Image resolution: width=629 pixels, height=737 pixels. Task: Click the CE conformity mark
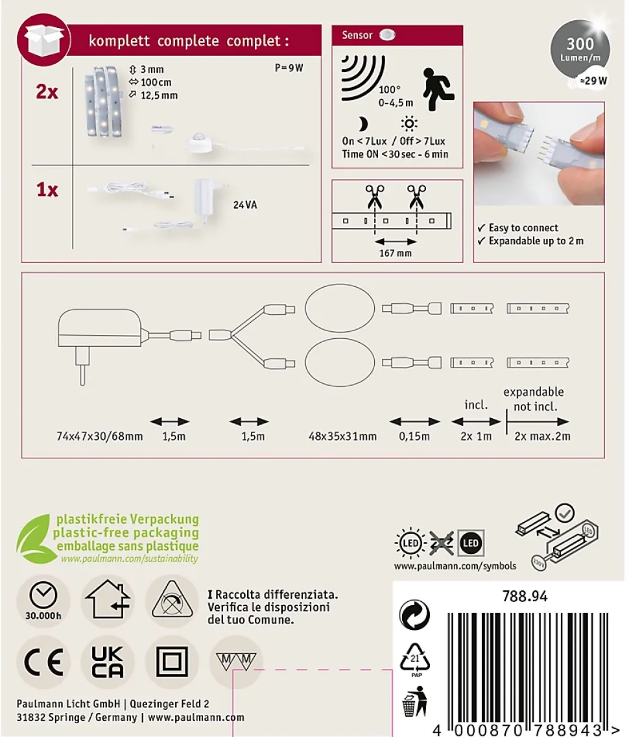tap(43, 662)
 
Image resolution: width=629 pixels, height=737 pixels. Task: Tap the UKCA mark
tap(108, 662)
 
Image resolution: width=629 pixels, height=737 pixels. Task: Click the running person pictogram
tap(438, 90)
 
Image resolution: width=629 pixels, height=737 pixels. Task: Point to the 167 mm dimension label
tap(396, 253)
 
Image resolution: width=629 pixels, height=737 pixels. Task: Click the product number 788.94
tap(525, 597)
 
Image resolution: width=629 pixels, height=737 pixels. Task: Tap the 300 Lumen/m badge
tap(580, 51)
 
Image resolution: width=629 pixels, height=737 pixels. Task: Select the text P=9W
tap(289, 68)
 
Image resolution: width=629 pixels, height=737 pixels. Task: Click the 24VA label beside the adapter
tap(245, 205)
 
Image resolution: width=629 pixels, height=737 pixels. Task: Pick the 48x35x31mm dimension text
tap(342, 436)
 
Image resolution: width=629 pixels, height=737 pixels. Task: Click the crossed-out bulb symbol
tap(441, 543)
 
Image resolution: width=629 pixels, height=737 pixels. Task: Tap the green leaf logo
tap(34, 539)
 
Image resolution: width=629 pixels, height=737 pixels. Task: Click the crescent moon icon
tap(362, 124)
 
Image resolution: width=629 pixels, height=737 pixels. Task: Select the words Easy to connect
tap(523, 228)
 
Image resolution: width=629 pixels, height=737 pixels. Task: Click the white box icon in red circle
tap(43, 40)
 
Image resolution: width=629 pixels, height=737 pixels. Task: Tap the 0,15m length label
tap(414, 436)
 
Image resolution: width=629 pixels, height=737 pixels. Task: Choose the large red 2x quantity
tap(47, 92)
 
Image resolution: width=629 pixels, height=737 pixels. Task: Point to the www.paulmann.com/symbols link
tap(455, 566)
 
